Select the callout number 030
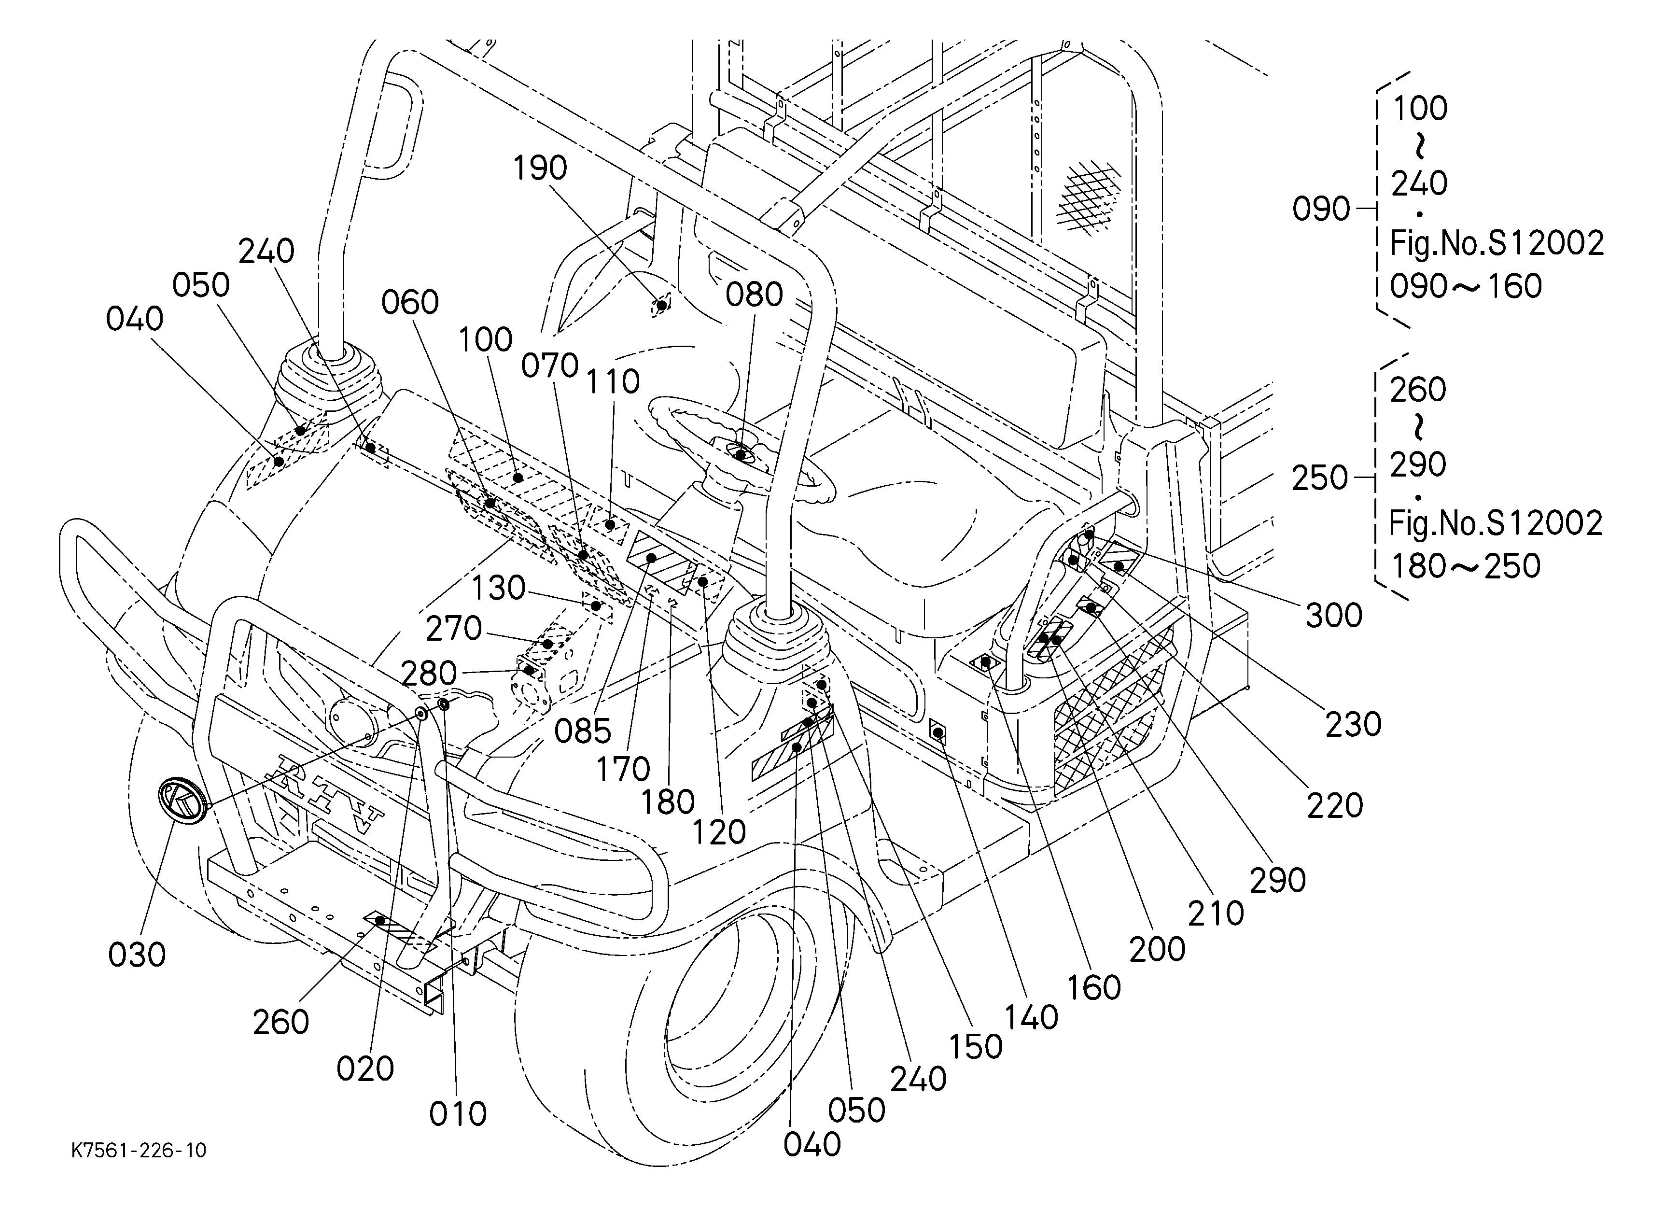click(137, 955)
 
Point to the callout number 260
click(280, 1022)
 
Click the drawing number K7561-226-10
click(139, 1150)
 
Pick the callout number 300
click(1334, 615)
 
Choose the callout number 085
click(583, 731)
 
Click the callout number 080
click(755, 295)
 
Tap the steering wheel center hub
click(740, 453)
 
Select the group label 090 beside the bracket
click(1321, 209)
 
